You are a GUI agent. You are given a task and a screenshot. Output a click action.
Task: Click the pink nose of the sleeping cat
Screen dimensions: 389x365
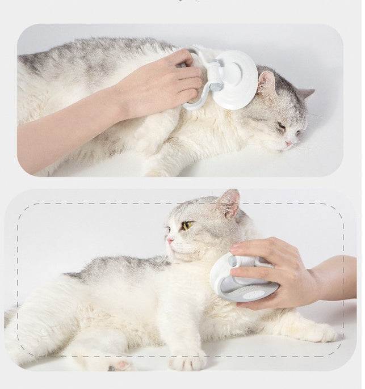coord(288,145)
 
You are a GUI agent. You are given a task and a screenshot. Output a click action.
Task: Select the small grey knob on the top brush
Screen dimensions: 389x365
coord(216,87)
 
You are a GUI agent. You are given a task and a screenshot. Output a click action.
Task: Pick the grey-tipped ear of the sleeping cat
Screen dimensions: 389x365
coord(305,93)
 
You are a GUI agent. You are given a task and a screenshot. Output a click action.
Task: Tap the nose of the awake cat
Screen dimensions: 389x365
coord(170,240)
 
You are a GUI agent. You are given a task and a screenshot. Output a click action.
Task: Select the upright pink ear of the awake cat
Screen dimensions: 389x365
coord(229,202)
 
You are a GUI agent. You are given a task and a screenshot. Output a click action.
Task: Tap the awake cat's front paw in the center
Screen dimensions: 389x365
coord(187,360)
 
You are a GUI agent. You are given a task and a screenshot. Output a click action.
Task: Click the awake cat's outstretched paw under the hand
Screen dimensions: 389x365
coord(318,332)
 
